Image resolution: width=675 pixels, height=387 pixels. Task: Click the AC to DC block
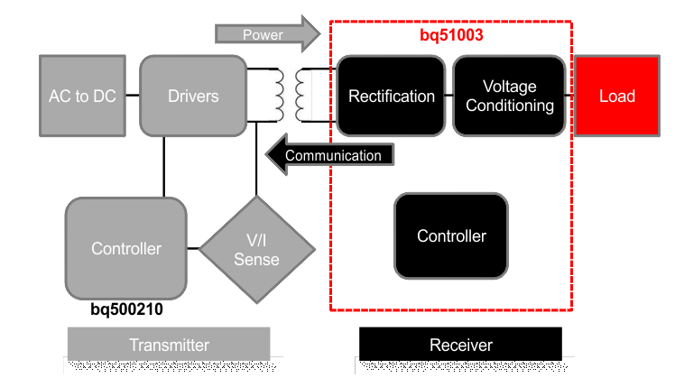click(x=82, y=96)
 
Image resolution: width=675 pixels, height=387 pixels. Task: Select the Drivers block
click(x=193, y=96)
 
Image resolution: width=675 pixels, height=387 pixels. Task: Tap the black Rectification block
click(x=391, y=96)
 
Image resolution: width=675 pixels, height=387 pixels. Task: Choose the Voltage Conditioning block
click(x=509, y=96)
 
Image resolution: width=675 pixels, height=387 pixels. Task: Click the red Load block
click(x=617, y=96)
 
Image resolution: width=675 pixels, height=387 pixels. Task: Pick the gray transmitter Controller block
click(x=126, y=248)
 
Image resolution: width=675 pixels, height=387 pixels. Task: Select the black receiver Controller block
click(x=451, y=236)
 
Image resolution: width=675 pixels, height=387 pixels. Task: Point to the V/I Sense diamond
click(x=256, y=250)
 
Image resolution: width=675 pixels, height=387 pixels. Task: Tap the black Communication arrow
click(x=330, y=155)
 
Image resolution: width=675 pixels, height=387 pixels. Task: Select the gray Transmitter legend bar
click(x=169, y=345)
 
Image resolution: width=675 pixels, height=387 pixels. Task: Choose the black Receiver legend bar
click(x=460, y=345)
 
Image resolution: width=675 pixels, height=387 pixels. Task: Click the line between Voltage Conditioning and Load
click(x=570, y=94)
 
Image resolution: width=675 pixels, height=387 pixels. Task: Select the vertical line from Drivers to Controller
click(x=163, y=167)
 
